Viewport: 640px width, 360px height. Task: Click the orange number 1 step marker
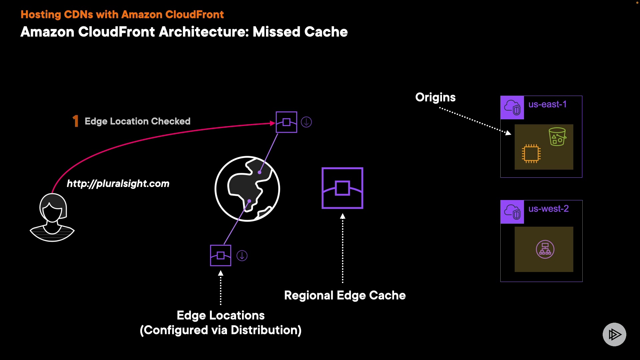click(76, 121)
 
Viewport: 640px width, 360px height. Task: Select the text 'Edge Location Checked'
click(137, 121)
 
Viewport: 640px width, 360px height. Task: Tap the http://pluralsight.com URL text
click(118, 184)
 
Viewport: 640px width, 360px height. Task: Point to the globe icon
click(247, 189)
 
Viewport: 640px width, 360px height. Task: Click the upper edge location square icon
click(286, 122)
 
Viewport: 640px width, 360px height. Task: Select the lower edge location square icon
click(221, 256)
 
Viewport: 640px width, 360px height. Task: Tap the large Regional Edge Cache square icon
click(342, 188)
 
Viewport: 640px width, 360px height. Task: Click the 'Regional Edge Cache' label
click(345, 295)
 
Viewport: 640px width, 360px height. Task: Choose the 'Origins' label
click(435, 97)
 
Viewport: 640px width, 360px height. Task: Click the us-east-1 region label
click(547, 104)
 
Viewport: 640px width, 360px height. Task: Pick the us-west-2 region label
click(548, 209)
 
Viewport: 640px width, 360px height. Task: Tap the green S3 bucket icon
click(557, 137)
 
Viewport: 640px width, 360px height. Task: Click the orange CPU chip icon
click(531, 154)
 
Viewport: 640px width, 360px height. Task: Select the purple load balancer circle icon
click(545, 249)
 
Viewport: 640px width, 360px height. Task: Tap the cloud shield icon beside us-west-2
click(512, 212)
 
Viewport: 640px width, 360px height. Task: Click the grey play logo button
click(614, 334)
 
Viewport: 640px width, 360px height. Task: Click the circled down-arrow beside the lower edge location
click(242, 256)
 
